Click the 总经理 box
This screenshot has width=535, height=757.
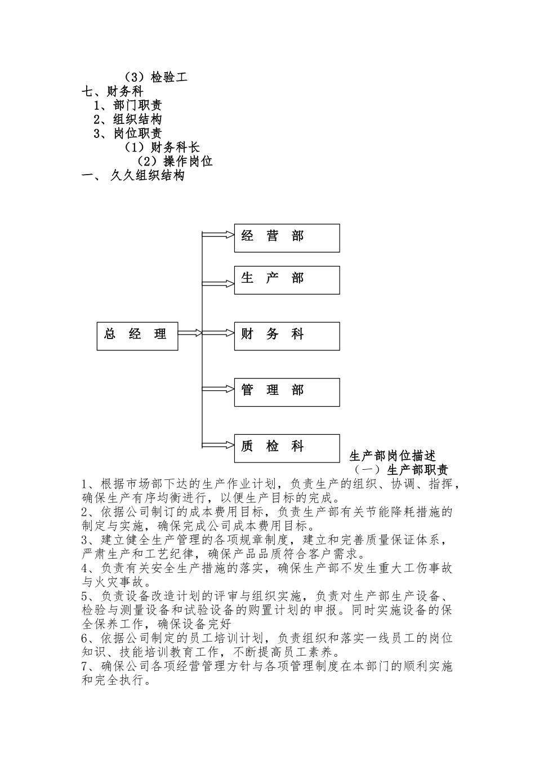pyautogui.click(x=137, y=336)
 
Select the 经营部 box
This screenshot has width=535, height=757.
pyautogui.click(x=287, y=238)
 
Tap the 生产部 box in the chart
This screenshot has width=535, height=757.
pyautogui.click(x=287, y=280)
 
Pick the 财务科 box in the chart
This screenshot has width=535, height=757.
pyautogui.click(x=287, y=336)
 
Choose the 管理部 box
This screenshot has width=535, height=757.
pyautogui.click(x=287, y=392)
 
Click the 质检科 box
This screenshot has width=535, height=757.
pyautogui.click(x=287, y=448)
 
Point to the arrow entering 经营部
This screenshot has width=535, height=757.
pyautogui.click(x=218, y=234)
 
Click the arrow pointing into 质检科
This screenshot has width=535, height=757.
pyautogui.click(x=218, y=445)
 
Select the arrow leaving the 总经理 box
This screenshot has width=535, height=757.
pyautogui.click(x=190, y=333)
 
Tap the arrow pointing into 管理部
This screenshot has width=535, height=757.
pyautogui.click(x=218, y=389)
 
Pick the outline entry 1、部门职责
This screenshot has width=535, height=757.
pyautogui.click(x=128, y=105)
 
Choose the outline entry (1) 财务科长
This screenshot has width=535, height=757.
pyautogui.click(x=162, y=148)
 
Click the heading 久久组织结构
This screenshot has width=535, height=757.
pyautogui.click(x=147, y=176)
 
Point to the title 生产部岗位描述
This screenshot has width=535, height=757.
pyautogui.click(x=393, y=456)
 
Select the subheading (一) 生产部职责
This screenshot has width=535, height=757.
pyautogui.click(x=400, y=470)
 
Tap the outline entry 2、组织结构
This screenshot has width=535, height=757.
pyautogui.click(x=128, y=119)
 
